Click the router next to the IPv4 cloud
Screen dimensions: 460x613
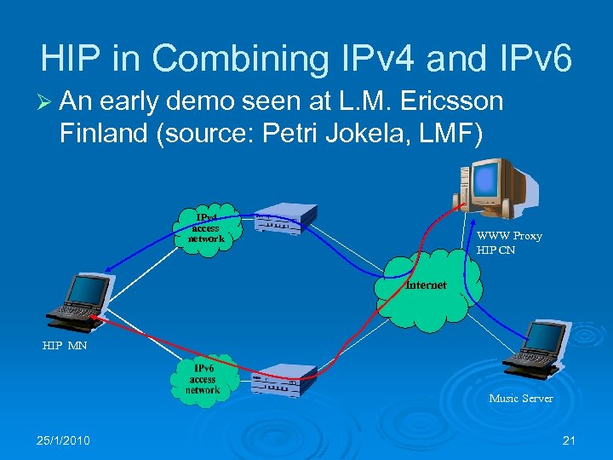point(285,223)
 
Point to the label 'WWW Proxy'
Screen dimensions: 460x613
point(509,236)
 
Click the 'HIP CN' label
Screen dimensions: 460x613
point(496,250)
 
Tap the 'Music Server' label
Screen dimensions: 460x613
point(520,398)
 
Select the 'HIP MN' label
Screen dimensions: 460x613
point(65,346)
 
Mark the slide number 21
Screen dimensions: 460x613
point(570,440)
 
